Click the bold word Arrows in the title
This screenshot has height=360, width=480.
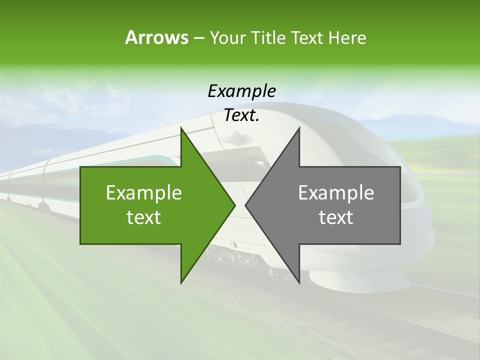(x=156, y=37)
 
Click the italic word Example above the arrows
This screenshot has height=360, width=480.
(x=241, y=91)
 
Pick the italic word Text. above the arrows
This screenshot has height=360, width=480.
(x=241, y=115)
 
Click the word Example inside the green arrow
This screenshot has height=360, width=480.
(x=144, y=193)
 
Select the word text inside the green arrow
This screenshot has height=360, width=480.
(x=144, y=217)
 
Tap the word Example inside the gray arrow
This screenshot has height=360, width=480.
(x=336, y=193)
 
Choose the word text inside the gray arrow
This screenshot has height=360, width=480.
(x=336, y=217)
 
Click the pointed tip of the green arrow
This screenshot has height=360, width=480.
(x=235, y=205)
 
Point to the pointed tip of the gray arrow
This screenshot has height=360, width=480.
(x=245, y=205)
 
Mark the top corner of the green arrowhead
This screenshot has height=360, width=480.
(x=181, y=128)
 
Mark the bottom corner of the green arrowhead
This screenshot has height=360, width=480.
(x=181, y=282)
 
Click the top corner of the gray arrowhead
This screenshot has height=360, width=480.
(x=299, y=128)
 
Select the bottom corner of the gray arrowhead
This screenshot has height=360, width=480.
(x=299, y=283)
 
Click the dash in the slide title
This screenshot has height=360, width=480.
(x=199, y=38)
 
